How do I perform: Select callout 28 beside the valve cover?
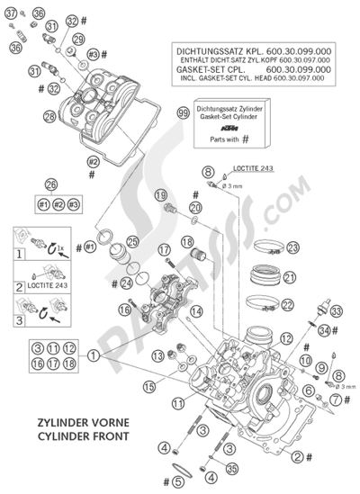click(49, 116)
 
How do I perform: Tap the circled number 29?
click(78, 39)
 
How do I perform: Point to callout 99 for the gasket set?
click(184, 113)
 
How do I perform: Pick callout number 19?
click(160, 195)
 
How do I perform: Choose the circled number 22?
click(289, 304)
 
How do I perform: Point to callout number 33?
click(336, 311)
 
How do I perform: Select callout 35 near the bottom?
click(232, 467)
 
